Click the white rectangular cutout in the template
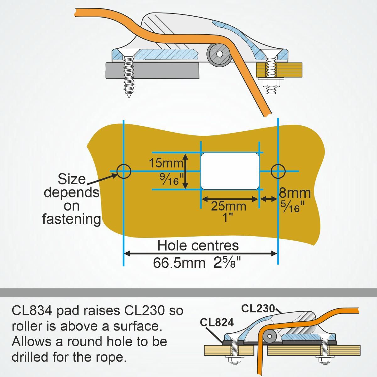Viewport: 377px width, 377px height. pyautogui.click(x=230, y=171)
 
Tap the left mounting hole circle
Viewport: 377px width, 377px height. pyautogui.click(x=123, y=171)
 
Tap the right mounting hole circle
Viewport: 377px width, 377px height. pyautogui.click(x=278, y=171)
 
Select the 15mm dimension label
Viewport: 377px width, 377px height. pyautogui.click(x=166, y=163)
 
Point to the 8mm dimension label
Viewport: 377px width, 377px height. pyautogui.click(x=295, y=193)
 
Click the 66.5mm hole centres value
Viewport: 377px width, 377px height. pyautogui.click(x=179, y=263)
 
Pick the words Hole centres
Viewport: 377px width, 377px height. pyautogui.click(x=198, y=246)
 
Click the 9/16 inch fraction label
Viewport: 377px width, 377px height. pyautogui.click(x=171, y=179)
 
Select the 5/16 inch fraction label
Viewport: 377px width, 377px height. pyautogui.click(x=293, y=206)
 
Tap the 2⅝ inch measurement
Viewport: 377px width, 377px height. pyautogui.click(x=227, y=263)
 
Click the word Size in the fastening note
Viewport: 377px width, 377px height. pyautogui.click(x=72, y=179)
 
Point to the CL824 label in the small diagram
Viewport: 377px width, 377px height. pyautogui.click(x=217, y=322)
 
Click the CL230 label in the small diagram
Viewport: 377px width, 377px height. pyautogui.click(x=258, y=309)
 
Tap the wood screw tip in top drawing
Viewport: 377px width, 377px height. pyautogui.click(x=128, y=95)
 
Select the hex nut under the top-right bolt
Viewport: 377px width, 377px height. pyautogui.click(x=271, y=83)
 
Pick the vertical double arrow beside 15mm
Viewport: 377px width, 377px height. pyautogui.click(x=185, y=171)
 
